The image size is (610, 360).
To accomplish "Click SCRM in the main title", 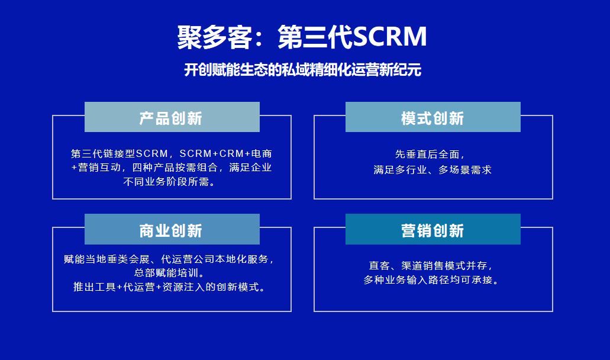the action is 389,37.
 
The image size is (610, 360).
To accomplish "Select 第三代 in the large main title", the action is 315,37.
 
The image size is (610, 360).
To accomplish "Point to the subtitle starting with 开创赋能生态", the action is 303,70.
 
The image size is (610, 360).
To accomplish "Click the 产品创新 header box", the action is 172,117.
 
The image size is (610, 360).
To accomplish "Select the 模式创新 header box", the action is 433,117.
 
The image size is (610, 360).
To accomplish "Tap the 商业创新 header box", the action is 172,229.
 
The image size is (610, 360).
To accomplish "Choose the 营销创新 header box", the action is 433,229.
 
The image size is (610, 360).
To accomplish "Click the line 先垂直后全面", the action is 430,155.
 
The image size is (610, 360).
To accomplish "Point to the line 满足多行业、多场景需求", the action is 433,170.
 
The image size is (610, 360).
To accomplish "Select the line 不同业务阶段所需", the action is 169,182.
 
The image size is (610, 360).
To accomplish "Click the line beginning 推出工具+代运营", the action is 170,287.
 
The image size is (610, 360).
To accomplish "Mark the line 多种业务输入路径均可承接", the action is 431,280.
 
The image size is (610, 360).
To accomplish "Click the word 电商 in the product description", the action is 262,154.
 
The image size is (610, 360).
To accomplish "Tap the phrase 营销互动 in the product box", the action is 99,168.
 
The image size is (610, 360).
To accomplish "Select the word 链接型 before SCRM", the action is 119,154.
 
